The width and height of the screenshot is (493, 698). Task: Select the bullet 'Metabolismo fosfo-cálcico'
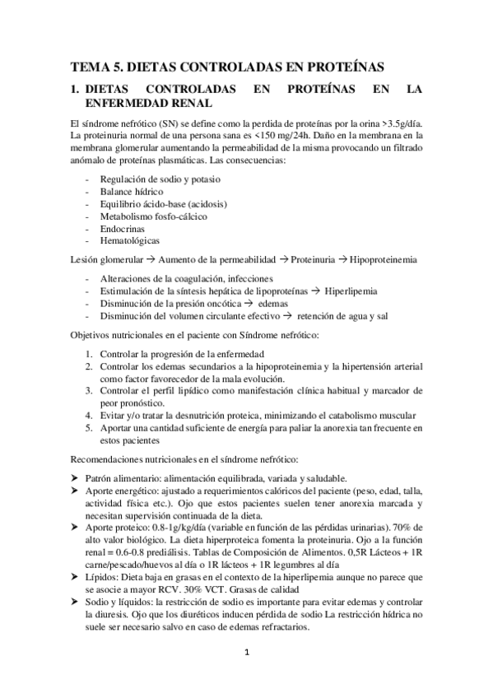153,216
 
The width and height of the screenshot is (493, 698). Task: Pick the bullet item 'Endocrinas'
123,228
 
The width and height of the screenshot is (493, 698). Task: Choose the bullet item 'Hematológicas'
130,240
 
